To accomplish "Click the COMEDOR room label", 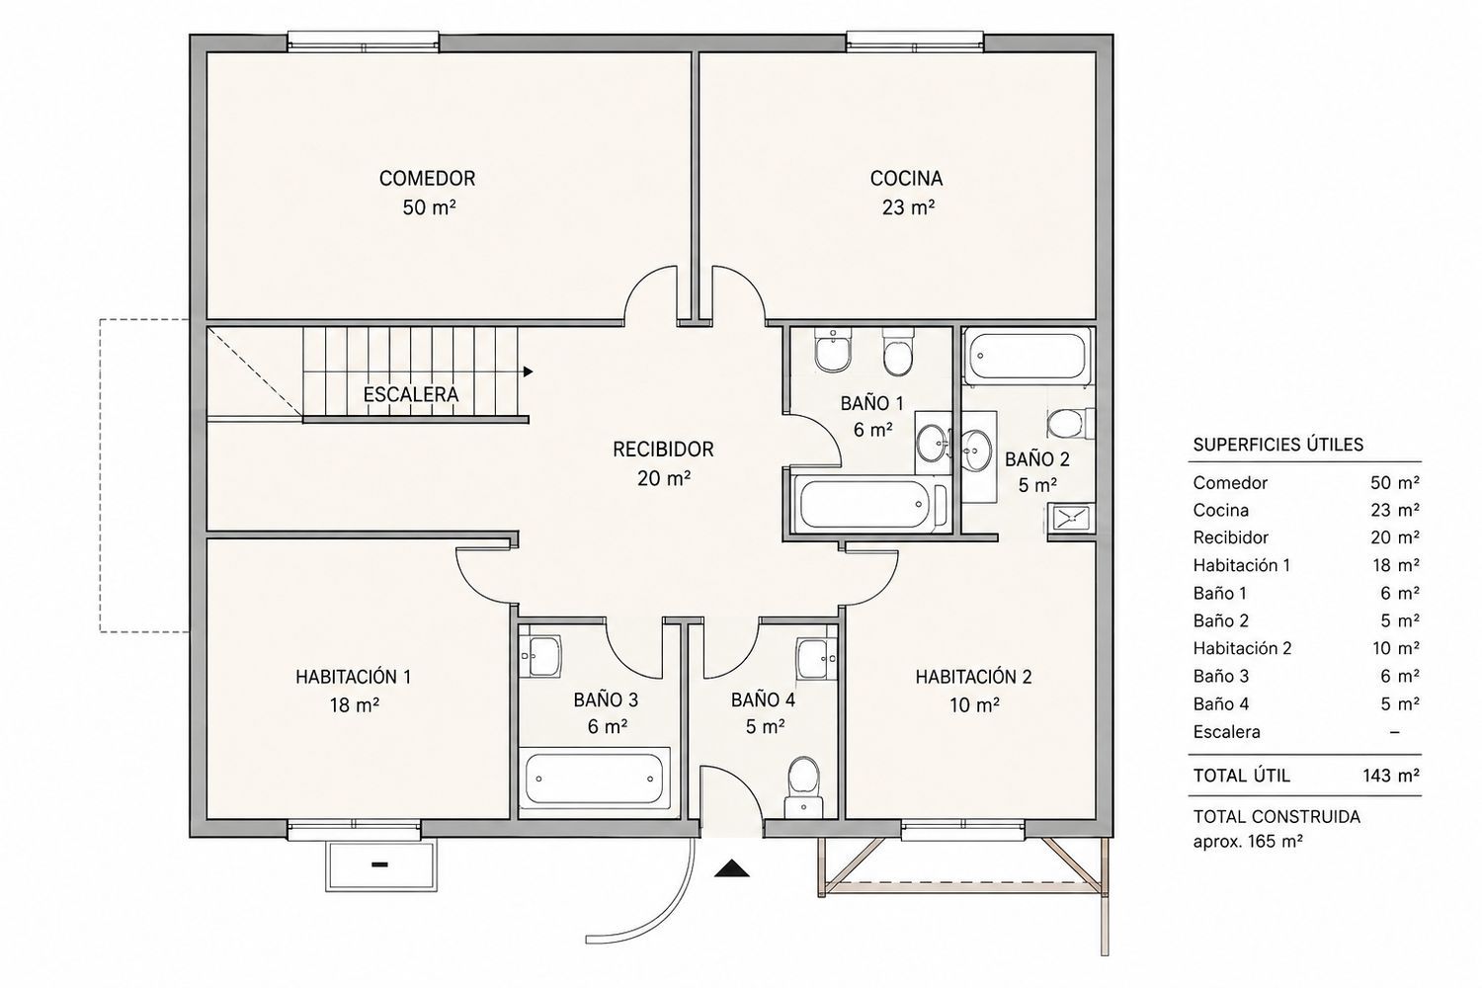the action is click(x=428, y=178).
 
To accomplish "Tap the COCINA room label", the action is click(x=906, y=178).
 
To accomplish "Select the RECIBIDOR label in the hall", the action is click(x=663, y=450).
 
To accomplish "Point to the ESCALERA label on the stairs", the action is click(x=410, y=394).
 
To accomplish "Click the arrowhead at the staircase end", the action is click(x=528, y=371).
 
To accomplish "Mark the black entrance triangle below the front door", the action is click(x=732, y=867).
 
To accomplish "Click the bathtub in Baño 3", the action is click(x=594, y=779).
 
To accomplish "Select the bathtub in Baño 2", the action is click(x=1027, y=356).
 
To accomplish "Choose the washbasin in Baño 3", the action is click(x=539, y=656).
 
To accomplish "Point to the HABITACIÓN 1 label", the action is click(x=354, y=677).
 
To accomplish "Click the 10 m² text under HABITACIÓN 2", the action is click(x=974, y=705).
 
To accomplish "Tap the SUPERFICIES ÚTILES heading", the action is click(x=1278, y=445).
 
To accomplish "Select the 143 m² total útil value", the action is click(x=1391, y=775).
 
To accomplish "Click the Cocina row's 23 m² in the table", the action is click(x=1395, y=510).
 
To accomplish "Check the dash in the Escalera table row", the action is click(x=1394, y=732).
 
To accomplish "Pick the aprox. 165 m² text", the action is click(x=1248, y=842).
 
